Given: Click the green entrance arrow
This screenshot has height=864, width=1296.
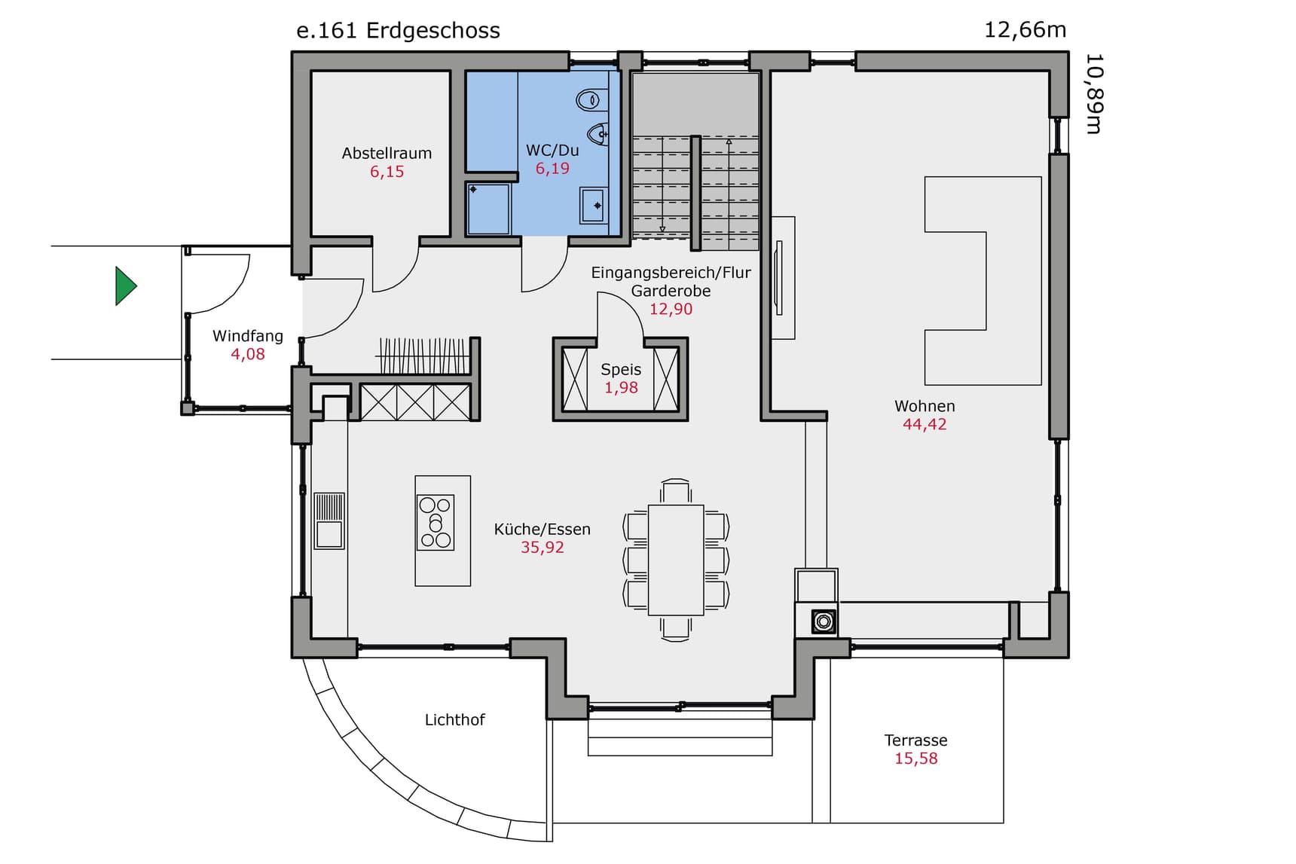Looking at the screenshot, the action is [x=125, y=286].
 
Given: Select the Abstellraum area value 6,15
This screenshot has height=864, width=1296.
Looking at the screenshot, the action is [x=387, y=172].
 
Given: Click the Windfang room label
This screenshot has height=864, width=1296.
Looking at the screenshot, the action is [x=248, y=336].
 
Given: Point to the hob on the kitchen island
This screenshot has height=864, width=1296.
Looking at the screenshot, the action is [x=436, y=522].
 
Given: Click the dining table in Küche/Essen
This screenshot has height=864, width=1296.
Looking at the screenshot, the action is [x=676, y=560].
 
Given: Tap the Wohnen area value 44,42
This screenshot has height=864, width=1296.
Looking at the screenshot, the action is [x=925, y=424].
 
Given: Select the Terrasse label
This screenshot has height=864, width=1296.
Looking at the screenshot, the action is [x=915, y=740].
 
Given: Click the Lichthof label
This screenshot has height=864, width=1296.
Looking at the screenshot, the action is [x=454, y=720].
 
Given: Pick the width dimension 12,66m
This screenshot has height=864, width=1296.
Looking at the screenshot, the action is [x=1025, y=30].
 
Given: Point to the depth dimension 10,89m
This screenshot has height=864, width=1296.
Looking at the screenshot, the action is [x=1094, y=93].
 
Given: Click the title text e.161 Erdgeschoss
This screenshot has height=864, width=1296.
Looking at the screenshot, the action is [x=398, y=31].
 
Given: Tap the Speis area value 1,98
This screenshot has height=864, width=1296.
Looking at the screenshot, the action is [x=621, y=388].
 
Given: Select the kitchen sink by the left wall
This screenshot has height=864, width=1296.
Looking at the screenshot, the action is [x=329, y=521].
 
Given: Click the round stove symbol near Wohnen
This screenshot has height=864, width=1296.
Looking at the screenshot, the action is [x=824, y=621].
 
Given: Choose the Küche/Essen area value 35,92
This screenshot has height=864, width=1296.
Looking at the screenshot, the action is [x=543, y=548].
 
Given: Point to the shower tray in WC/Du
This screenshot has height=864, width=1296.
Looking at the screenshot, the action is [x=488, y=208].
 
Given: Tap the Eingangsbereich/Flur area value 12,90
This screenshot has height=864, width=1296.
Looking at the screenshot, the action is [x=671, y=309].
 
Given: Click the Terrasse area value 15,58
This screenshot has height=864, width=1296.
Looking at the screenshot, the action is [x=916, y=759].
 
